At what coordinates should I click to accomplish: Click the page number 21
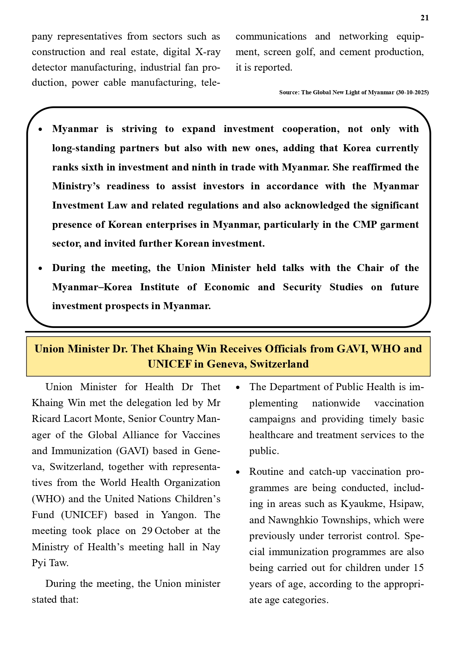point(424,18)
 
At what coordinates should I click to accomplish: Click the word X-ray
point(207,52)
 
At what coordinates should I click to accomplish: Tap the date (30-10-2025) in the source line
point(412,92)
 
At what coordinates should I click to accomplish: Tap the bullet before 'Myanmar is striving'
point(41,130)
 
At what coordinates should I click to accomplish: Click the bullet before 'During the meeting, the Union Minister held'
point(41,269)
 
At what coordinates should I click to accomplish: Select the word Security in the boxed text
point(302,287)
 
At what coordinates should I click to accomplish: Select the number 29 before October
point(147,531)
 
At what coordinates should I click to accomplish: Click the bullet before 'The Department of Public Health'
point(239,388)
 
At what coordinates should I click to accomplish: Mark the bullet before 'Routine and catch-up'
point(239,473)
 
